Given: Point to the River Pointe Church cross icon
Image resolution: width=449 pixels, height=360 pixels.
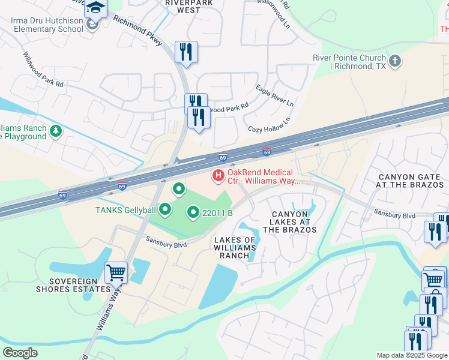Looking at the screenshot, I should (x=395, y=61).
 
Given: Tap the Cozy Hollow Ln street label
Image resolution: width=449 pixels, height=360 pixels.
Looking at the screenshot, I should (x=269, y=124).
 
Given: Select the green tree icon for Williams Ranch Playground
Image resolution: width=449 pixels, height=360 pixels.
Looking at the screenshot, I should (x=56, y=130).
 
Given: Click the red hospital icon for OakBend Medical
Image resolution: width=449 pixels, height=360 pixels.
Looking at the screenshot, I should (x=218, y=176).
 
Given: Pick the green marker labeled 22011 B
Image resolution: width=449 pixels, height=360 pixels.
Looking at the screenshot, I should (x=193, y=212).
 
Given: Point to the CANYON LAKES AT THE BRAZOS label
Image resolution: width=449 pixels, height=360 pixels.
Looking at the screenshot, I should (x=293, y=222).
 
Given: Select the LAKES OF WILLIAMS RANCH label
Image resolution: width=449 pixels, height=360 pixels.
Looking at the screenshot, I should (x=235, y=248).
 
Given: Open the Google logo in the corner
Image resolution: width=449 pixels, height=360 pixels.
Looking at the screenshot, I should (x=20, y=353).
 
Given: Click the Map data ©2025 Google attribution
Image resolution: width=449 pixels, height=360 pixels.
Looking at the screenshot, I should (x=412, y=355).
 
